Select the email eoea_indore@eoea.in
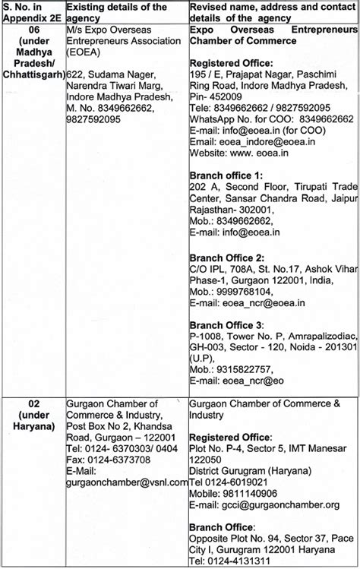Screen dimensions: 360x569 [256, 141]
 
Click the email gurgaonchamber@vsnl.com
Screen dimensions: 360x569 [128, 482]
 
